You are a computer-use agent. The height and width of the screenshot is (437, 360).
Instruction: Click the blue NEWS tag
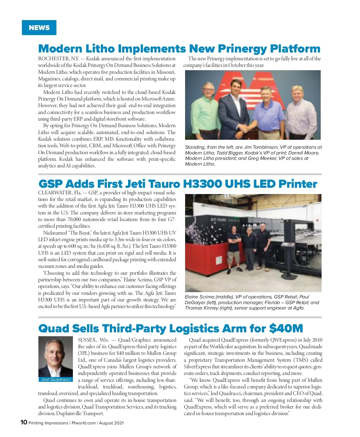click(x=39, y=28)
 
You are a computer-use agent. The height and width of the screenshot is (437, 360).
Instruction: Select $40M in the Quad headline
click(x=286, y=328)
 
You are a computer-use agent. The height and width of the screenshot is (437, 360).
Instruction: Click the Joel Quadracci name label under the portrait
click(x=56, y=379)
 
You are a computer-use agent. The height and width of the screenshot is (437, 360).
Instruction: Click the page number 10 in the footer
click(x=24, y=422)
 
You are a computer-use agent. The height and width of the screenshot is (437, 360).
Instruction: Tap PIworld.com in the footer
click(x=83, y=423)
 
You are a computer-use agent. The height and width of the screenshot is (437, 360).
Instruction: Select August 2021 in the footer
click(x=111, y=423)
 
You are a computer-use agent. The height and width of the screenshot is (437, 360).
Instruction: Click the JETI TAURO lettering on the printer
click(x=218, y=220)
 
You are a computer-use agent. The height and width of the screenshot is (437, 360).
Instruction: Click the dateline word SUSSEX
click(x=87, y=340)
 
